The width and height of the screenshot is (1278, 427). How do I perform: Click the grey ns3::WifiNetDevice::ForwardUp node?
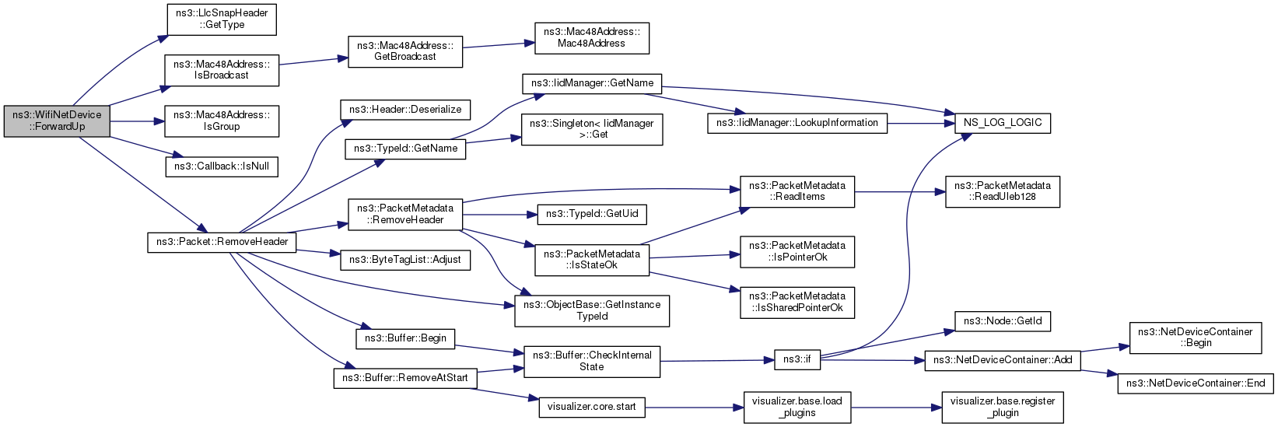[x=57, y=121]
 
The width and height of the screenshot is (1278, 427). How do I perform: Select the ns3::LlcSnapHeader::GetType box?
[x=222, y=19]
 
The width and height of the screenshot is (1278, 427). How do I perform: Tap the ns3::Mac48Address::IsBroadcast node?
[x=222, y=70]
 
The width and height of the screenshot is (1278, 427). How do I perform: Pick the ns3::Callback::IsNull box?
[x=222, y=166]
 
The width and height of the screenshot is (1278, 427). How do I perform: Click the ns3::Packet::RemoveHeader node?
[x=222, y=242]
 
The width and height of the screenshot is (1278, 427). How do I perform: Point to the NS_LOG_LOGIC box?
[x=1003, y=123]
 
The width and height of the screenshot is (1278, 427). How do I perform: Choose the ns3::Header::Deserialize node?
[x=405, y=110]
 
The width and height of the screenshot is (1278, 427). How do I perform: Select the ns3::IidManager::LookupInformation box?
[x=797, y=123]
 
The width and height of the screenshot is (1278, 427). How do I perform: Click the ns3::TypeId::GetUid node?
[x=592, y=214]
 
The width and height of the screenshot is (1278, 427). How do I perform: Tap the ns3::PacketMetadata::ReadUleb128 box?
[x=1003, y=192]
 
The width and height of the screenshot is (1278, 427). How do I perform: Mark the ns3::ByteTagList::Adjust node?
[x=405, y=260]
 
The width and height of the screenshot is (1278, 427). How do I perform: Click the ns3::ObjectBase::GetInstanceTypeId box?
[x=592, y=311]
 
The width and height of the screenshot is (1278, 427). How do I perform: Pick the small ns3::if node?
[x=797, y=359]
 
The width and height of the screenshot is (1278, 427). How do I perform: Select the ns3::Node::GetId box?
[x=1003, y=321]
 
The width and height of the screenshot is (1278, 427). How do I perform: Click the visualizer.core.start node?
[x=592, y=407]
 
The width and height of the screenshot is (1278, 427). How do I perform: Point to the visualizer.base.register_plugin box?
[x=1003, y=408]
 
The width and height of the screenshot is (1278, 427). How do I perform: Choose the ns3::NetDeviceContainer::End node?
[x=1196, y=383]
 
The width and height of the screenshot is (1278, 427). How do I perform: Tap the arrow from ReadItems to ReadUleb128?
[x=900, y=192]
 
